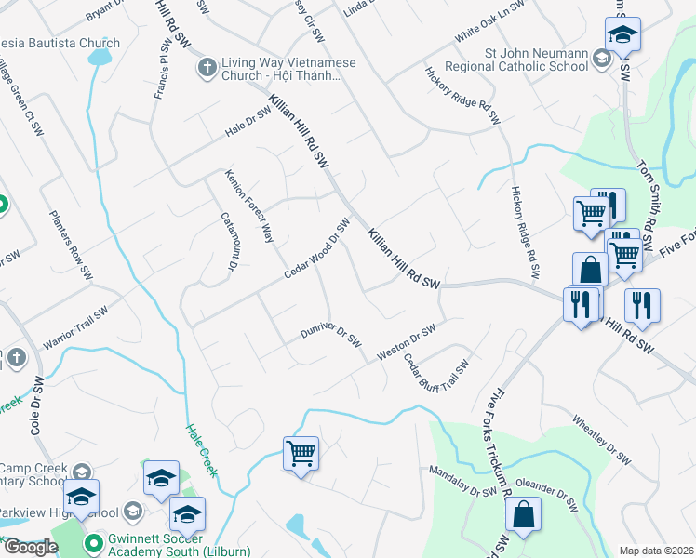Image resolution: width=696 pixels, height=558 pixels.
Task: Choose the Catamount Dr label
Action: click(228, 245)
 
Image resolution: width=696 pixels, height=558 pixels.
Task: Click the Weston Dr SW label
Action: click(407, 342)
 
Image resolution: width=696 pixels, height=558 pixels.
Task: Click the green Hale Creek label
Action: click(201, 450)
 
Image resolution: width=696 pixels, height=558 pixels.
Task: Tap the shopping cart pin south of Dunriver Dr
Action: click(301, 454)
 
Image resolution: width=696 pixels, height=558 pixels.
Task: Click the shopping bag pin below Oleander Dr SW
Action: click(524, 514)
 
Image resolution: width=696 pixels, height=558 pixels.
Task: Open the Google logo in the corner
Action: click(30, 547)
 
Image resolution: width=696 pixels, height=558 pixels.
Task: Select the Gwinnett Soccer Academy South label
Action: click(171, 545)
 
